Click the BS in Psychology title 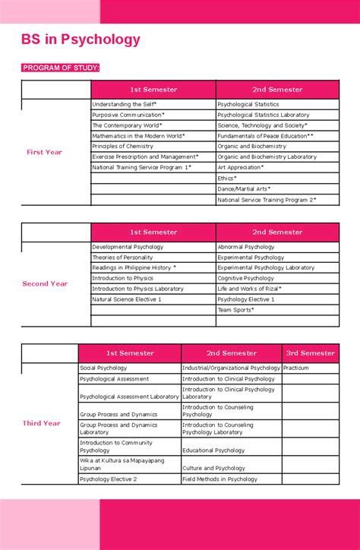tap(81, 40)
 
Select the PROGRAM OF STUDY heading tap(61, 68)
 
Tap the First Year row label tap(44, 152)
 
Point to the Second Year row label tap(45, 283)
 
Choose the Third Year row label tap(41, 423)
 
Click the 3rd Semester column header tap(310, 352)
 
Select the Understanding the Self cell tap(124, 104)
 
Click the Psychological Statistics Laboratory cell tap(263, 115)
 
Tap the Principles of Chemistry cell tap(122, 146)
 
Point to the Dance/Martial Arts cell tap(244, 188)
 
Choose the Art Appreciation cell tap(241, 167)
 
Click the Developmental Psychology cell tap(128, 247)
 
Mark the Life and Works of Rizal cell tap(249, 289)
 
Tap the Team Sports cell tap(235, 310)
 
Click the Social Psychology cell tap(103, 368)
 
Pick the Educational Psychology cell tap(213, 450)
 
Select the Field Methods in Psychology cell tap(220, 479)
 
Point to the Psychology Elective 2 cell tap(109, 479)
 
